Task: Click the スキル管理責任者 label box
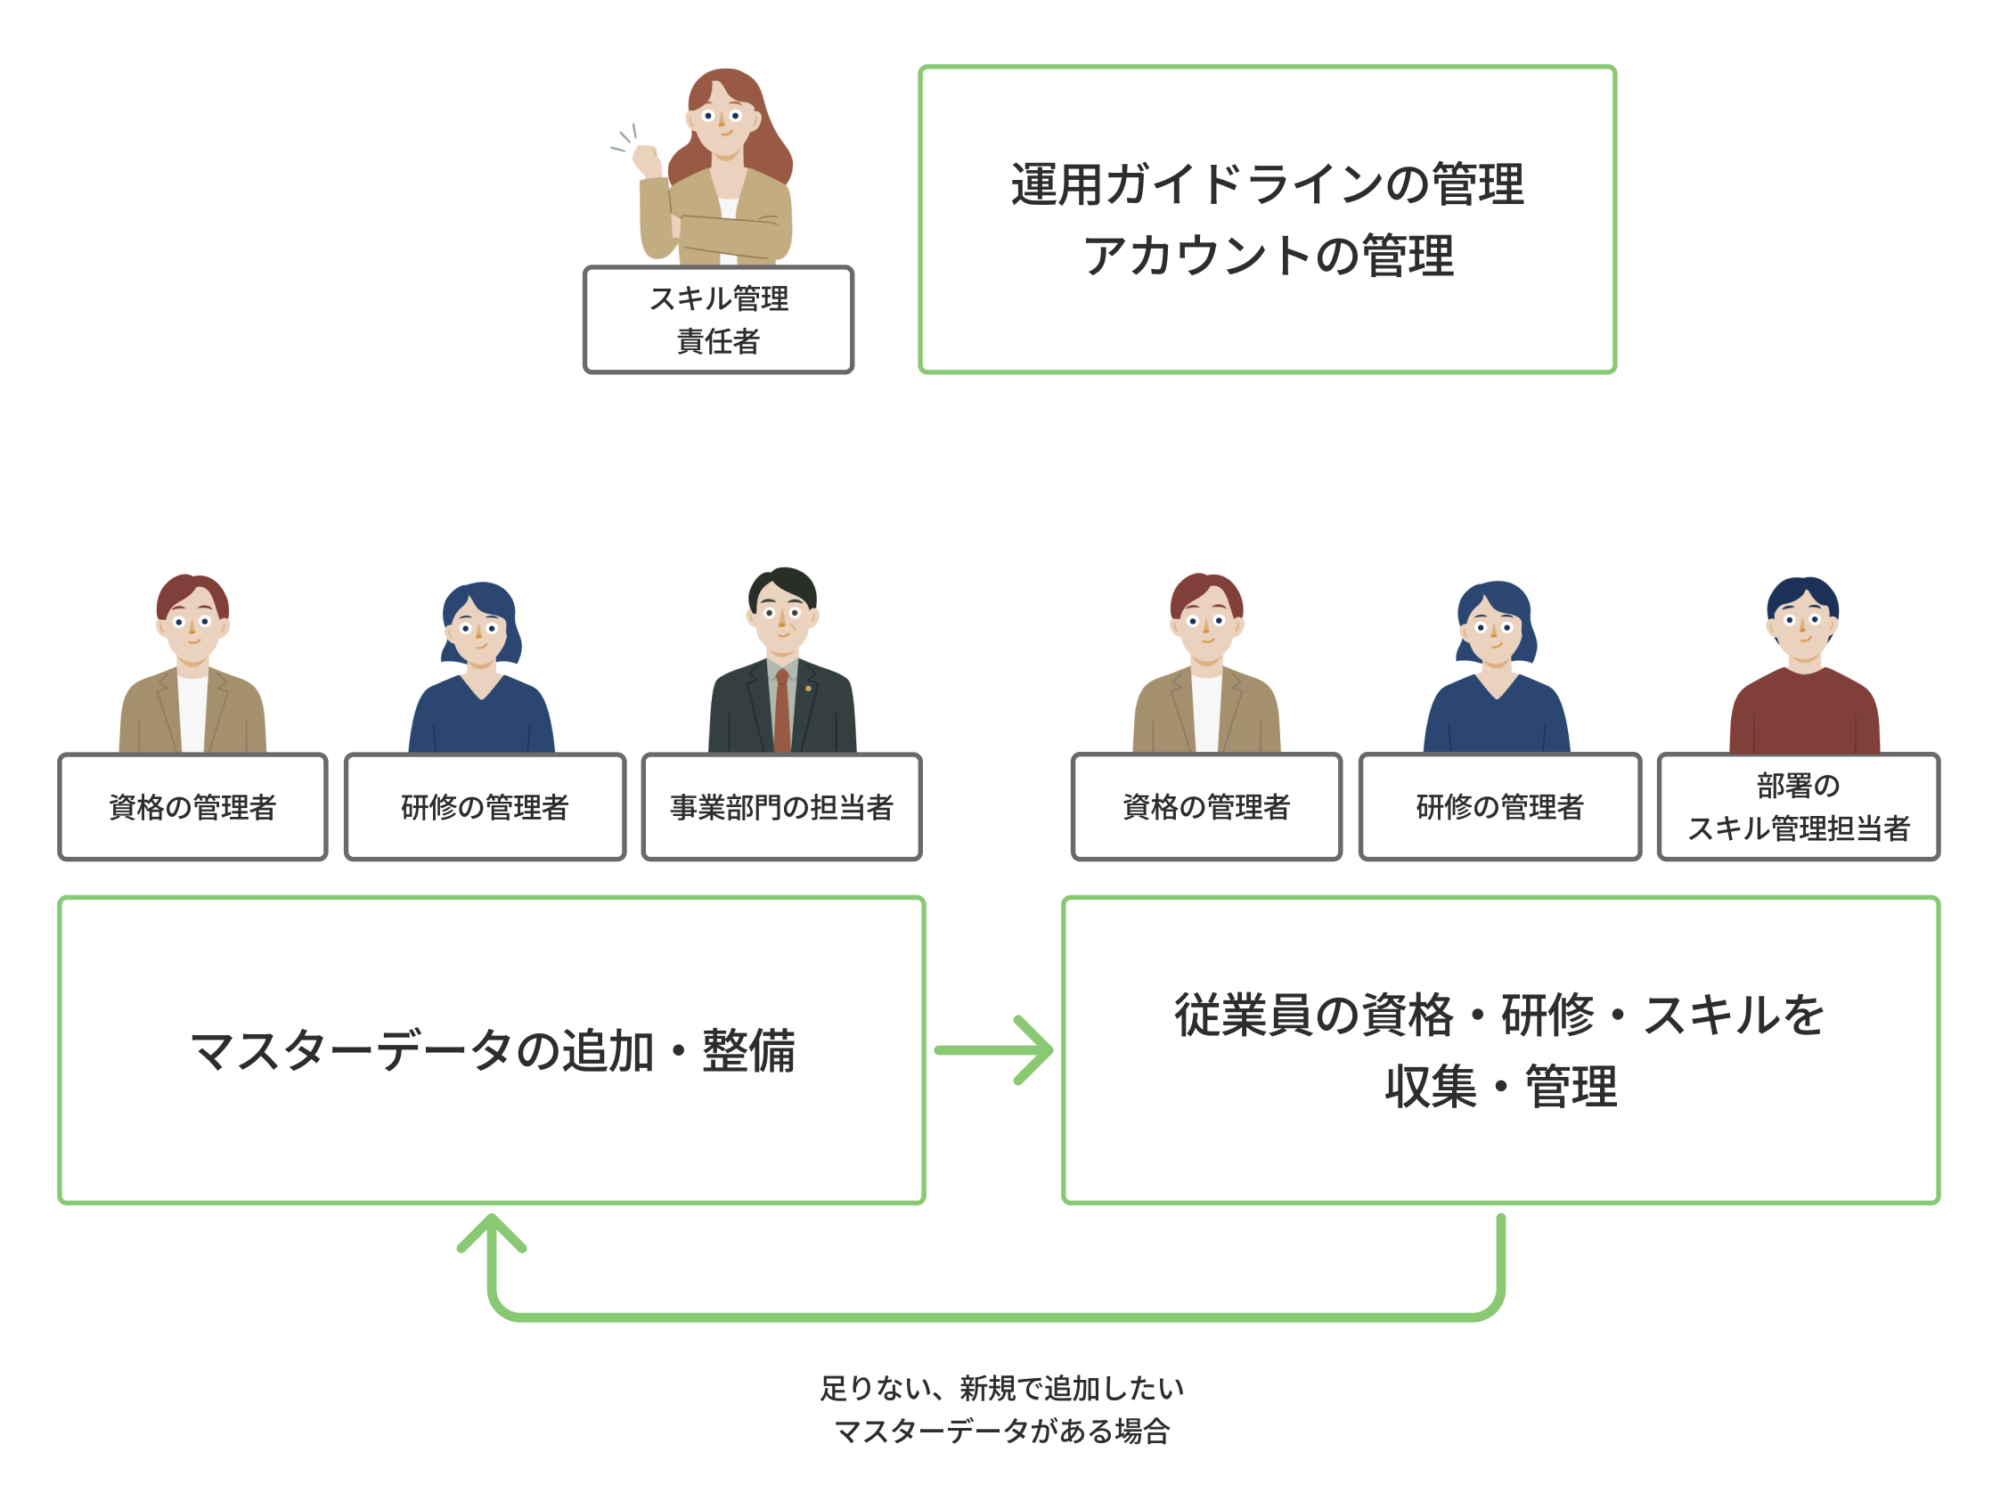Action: (x=718, y=320)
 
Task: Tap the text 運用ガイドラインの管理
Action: (x=1267, y=184)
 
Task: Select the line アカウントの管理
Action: (x=1267, y=256)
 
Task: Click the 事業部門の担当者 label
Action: (x=780, y=807)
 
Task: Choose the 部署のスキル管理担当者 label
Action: (x=1798, y=807)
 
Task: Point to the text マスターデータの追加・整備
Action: (x=492, y=1050)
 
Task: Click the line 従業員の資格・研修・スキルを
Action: (x=1499, y=1015)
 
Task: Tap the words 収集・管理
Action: (x=1499, y=1087)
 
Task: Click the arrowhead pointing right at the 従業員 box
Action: (x=1035, y=1050)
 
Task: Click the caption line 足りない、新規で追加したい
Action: (x=1001, y=1388)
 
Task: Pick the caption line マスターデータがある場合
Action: (x=1001, y=1431)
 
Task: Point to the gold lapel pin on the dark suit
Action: (x=808, y=689)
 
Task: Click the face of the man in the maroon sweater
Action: (x=1802, y=626)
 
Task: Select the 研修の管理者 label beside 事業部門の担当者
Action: (x=485, y=807)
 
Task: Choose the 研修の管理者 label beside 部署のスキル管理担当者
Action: (x=1499, y=807)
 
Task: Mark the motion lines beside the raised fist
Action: (x=625, y=139)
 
